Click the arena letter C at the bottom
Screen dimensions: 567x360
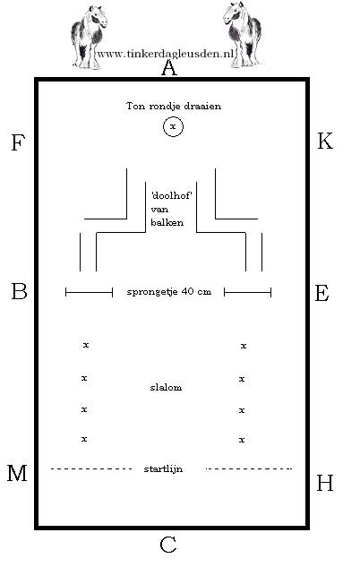(x=168, y=544)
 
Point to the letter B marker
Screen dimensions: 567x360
(x=19, y=291)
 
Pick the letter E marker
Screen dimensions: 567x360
(x=323, y=293)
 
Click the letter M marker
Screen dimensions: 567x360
(x=18, y=474)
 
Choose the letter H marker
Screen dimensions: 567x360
(x=325, y=484)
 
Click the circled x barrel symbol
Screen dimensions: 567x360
(x=174, y=128)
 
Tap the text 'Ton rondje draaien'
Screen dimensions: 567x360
(x=174, y=107)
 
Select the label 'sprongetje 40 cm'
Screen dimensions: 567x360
(x=168, y=292)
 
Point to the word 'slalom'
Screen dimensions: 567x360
(x=166, y=388)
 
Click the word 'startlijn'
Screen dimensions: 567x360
(x=163, y=468)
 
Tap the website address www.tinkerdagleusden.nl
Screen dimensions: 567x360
(x=165, y=54)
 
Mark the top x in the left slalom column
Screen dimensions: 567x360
(x=85, y=345)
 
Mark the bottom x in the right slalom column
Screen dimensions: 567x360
(x=242, y=440)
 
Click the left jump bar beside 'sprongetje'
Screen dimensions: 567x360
(x=89, y=292)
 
